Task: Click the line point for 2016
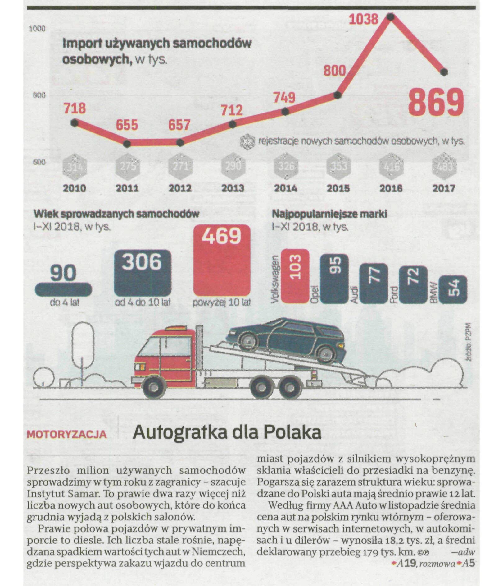point(391,17)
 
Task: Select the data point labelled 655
point(127,144)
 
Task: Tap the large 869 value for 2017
point(436,102)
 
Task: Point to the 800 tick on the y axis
point(39,95)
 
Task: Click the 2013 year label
point(233,188)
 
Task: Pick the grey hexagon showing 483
point(444,167)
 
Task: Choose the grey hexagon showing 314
point(75,167)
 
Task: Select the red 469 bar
point(222,260)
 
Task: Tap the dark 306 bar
point(143,273)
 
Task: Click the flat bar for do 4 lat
point(63,289)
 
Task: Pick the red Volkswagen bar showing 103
point(295,276)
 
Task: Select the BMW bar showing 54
point(453,289)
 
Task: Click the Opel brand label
point(314,294)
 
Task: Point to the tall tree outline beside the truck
point(83,345)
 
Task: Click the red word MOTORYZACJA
point(67,434)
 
